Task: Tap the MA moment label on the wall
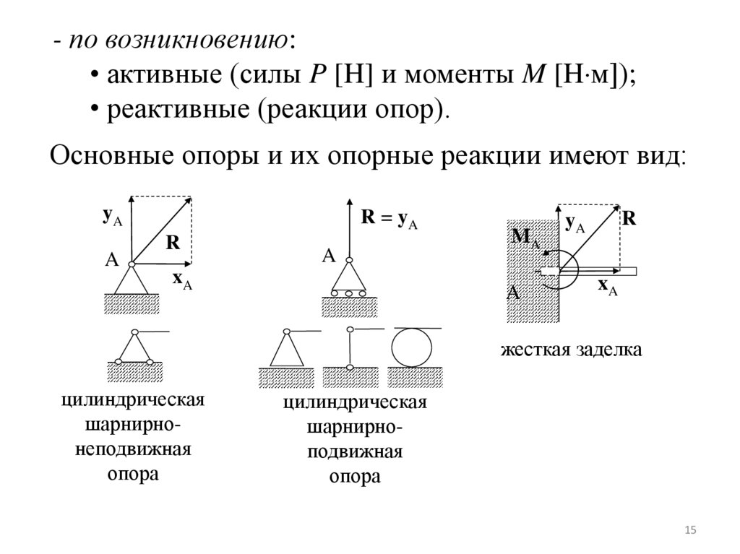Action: [525, 238]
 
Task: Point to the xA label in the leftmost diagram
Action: [181, 282]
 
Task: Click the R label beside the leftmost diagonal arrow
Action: [173, 243]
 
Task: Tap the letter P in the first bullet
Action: [314, 74]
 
